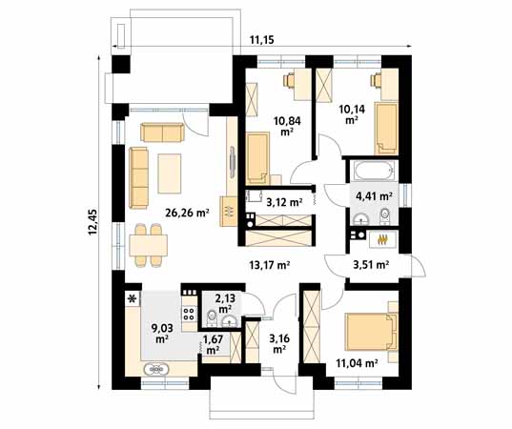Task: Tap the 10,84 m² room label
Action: [x=283, y=126]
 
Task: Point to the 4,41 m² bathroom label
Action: [x=374, y=197]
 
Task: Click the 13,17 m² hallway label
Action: [x=271, y=265]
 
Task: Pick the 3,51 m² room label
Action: [x=370, y=265]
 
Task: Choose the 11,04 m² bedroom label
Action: [x=358, y=362]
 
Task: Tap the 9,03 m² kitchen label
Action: [x=162, y=333]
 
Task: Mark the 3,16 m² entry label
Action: [x=279, y=342]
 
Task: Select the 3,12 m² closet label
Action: [x=283, y=202]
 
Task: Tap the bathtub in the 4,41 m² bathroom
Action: [x=371, y=173]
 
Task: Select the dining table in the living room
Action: [x=148, y=243]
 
